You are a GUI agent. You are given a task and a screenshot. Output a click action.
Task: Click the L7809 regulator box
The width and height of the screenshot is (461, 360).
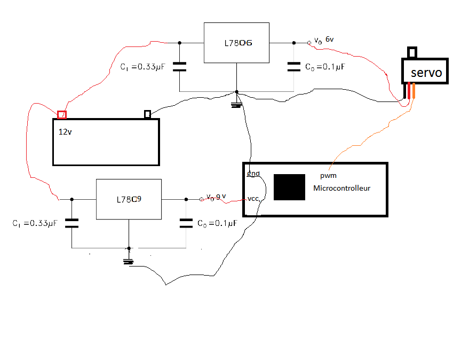point(129,199)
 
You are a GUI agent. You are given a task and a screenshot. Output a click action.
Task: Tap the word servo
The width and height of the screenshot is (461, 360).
point(426,73)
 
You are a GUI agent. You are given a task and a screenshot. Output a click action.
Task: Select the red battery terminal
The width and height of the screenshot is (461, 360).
point(62,114)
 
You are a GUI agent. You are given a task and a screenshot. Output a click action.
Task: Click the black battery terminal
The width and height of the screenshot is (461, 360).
point(148,114)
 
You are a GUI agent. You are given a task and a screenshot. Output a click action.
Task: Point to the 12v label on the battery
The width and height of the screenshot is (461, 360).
point(66,132)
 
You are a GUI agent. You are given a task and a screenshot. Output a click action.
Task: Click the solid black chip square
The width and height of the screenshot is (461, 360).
point(289,187)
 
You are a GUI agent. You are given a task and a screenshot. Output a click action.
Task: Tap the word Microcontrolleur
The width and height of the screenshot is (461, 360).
point(341,188)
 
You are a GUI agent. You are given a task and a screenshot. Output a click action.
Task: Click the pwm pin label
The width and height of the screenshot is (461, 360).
point(328,176)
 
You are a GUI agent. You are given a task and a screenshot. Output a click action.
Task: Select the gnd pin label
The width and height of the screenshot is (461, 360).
point(253,174)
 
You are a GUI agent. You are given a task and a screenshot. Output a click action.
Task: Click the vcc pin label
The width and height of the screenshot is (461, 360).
point(253,199)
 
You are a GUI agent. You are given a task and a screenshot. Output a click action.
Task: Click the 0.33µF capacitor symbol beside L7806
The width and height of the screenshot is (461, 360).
point(180,67)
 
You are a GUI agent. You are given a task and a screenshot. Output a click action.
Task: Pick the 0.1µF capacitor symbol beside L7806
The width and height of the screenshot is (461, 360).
point(294,67)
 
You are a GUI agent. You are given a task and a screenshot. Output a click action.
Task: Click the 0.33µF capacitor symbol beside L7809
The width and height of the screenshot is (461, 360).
point(72,223)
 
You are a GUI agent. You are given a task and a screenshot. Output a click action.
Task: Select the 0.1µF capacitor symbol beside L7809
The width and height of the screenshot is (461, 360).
point(186,223)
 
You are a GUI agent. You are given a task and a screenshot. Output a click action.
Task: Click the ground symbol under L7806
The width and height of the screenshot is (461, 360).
point(236,105)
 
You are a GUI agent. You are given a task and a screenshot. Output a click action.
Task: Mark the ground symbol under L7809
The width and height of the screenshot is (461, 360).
point(128,261)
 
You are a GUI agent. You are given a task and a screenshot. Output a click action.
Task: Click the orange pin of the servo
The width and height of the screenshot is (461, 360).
point(413,91)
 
